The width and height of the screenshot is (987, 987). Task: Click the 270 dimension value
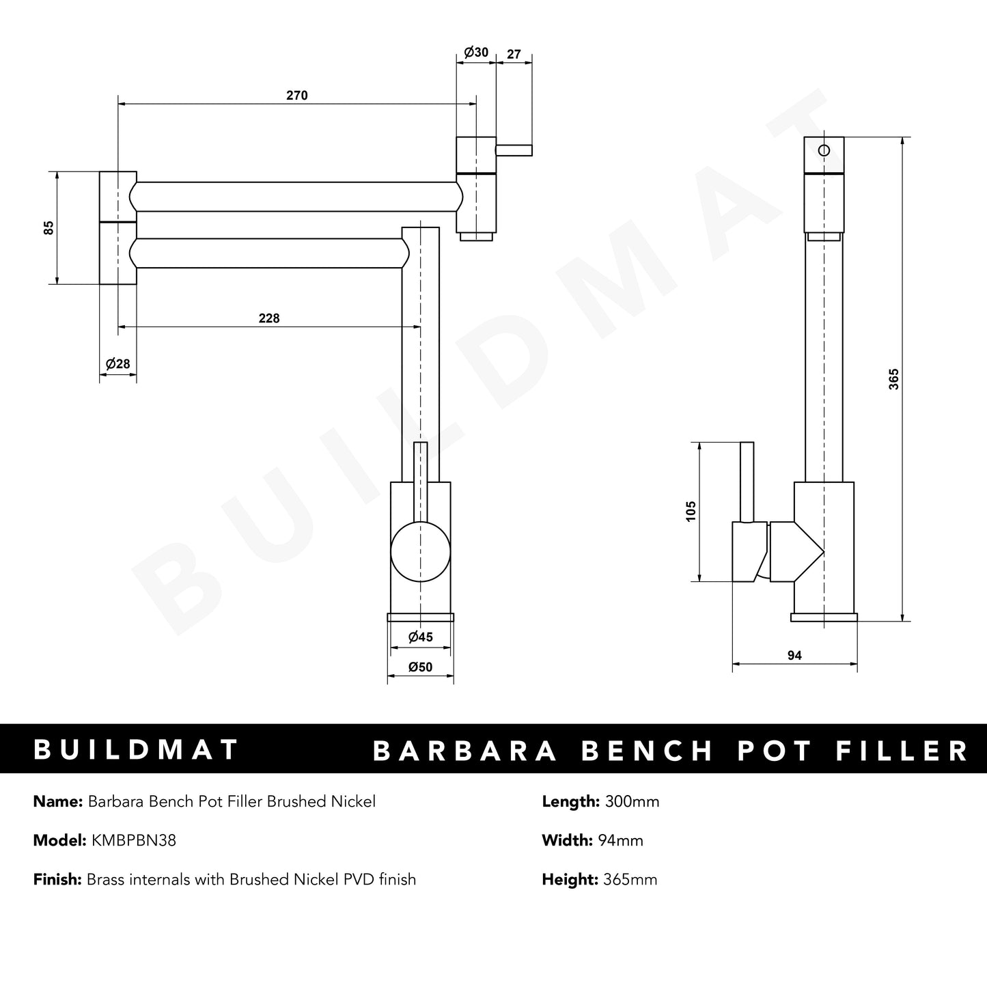tap(296, 96)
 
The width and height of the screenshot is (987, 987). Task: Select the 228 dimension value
tap(269, 318)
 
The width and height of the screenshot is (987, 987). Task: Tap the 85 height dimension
tap(48, 228)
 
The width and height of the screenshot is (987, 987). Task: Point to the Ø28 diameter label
tap(117, 364)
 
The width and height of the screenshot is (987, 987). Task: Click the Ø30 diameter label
tap(475, 53)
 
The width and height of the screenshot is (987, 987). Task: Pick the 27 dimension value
tap(514, 53)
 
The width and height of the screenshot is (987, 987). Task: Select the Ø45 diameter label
tap(420, 637)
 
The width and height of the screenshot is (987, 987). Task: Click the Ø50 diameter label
tap(420, 667)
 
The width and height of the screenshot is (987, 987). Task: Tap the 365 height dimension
tap(893, 379)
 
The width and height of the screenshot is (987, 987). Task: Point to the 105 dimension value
tap(691, 512)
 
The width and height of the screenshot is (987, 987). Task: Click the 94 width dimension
tap(794, 656)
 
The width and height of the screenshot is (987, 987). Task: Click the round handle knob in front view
tap(420, 552)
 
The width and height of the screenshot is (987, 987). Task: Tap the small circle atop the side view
tap(824, 151)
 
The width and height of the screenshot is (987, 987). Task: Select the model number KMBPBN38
tap(133, 840)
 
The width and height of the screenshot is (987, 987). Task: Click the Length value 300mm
tap(632, 801)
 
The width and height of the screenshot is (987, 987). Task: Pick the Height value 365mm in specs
tap(630, 879)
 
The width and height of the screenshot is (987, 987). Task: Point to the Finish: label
tap(57, 879)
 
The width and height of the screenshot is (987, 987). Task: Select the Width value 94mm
tap(620, 840)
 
